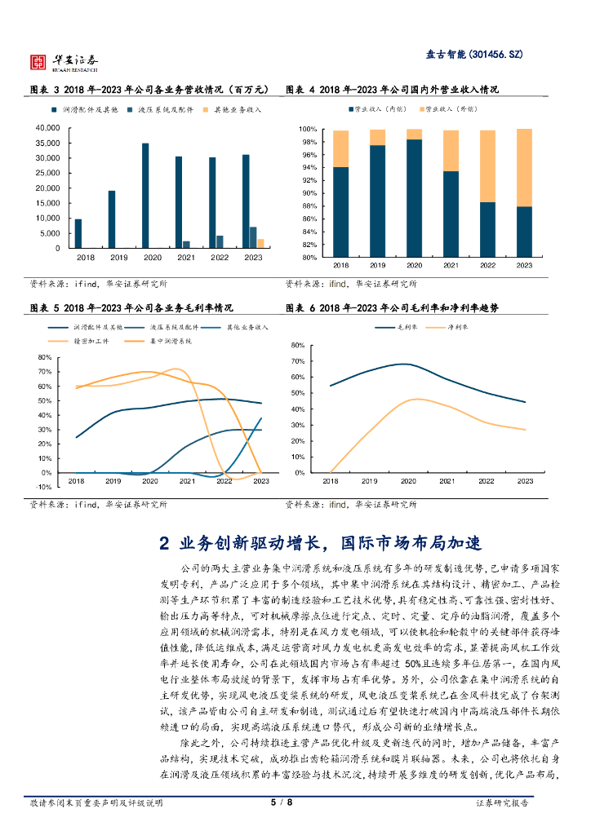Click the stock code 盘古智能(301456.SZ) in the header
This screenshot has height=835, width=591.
(473, 55)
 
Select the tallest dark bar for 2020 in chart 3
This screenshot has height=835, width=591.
(145, 196)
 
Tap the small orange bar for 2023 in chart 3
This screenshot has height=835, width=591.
(260, 243)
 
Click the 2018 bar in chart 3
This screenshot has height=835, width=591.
(78, 233)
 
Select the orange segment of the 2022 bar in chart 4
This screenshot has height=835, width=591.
(487, 166)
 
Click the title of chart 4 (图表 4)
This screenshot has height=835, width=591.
(392, 90)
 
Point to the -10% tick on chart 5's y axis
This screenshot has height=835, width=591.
(46, 487)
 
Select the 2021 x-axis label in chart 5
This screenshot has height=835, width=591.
(187, 482)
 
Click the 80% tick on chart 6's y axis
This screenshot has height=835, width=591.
(297, 346)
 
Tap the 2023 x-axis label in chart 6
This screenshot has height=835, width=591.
(524, 482)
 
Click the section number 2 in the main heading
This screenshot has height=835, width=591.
(164, 543)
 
